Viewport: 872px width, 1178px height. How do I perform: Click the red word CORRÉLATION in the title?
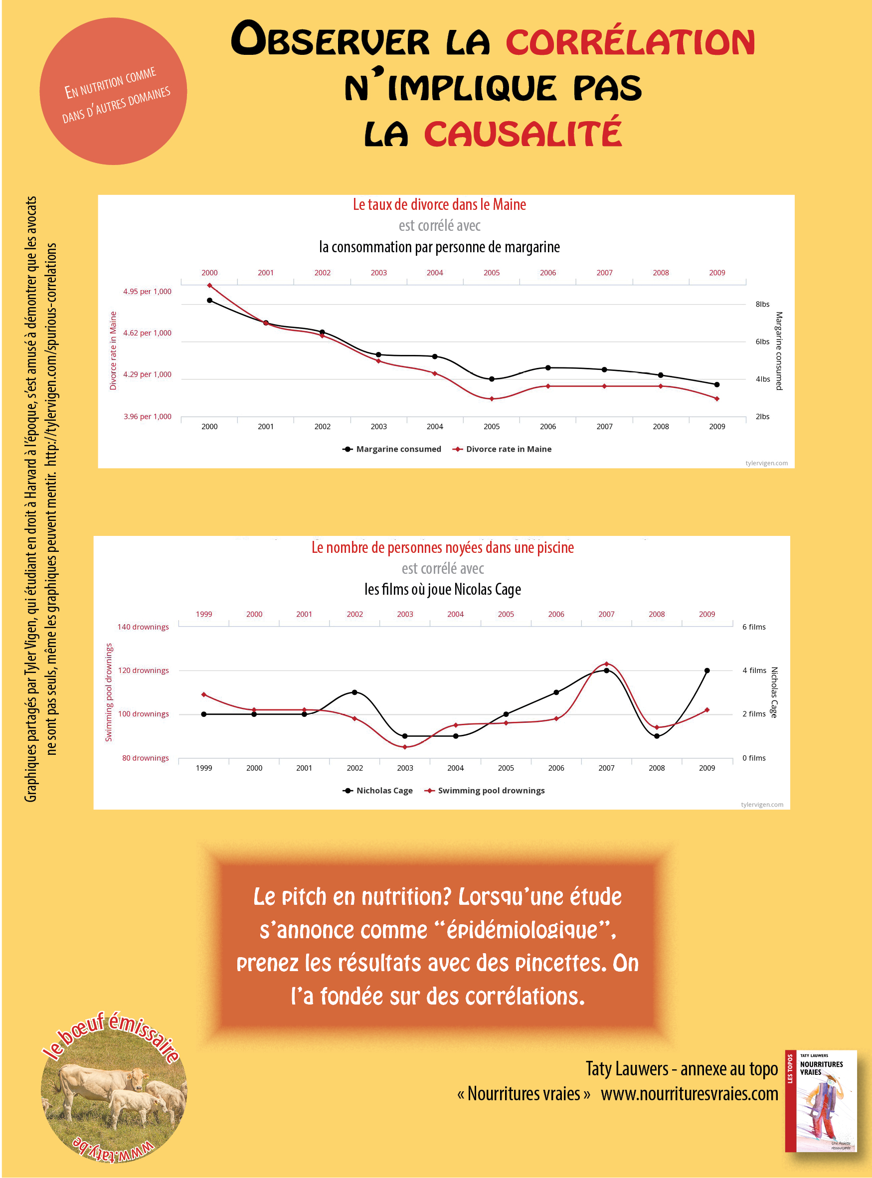630,42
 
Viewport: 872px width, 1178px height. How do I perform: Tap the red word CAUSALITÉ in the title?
523,134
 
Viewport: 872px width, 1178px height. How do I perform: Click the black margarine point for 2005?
492,379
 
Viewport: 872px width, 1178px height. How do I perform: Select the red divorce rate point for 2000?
209,286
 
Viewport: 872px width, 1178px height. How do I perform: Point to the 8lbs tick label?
762,305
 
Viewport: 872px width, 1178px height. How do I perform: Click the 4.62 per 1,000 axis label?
147,333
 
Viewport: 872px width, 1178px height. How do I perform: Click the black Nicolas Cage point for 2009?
707,671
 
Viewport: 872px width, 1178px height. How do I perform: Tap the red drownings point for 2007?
606,664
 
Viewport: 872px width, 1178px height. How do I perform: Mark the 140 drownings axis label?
143,627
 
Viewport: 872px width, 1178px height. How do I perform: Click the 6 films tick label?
754,627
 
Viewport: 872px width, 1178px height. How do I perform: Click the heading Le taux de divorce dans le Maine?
439,205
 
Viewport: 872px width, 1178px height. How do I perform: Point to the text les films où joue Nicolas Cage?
442,590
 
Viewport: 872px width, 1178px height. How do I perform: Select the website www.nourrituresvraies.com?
690,1094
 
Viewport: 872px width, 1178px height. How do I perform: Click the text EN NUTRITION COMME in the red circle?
110,83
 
